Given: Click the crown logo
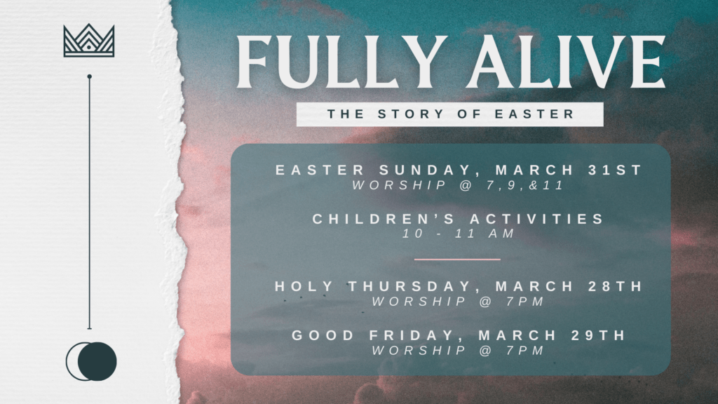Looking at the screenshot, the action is click(89, 40).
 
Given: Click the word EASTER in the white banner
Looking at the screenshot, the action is click(534, 114).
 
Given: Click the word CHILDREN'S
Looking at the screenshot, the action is click(384, 219).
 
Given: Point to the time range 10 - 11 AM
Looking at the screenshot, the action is click(459, 234).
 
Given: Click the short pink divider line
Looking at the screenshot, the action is click(457, 260).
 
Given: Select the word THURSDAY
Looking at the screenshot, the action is click(409, 286).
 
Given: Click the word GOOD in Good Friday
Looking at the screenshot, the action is click(323, 335).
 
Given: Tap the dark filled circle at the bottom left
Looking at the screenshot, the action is click(97, 361).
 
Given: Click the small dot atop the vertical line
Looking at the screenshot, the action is click(89, 76).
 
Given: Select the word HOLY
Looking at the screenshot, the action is click(304, 286).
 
